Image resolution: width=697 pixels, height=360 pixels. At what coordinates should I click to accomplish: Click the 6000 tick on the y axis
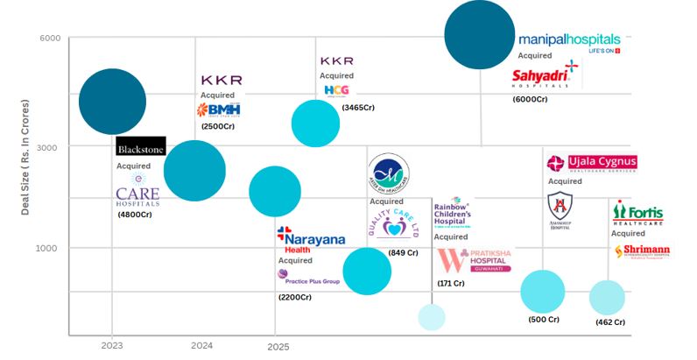(50, 39)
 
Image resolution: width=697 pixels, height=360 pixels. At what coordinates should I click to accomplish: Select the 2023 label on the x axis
(111, 347)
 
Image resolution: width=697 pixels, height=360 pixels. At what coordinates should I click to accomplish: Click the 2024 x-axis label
(201, 347)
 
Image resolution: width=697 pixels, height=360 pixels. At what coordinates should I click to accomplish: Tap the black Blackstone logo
(140, 146)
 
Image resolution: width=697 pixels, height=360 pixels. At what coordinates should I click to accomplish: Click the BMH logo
(219, 110)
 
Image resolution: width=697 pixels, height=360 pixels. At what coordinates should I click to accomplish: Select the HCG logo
(335, 90)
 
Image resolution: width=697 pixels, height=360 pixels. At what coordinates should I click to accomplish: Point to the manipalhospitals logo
(569, 41)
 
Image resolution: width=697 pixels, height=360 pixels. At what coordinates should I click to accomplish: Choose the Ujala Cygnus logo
(592, 163)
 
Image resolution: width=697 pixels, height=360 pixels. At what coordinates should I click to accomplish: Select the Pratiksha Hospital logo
(474, 260)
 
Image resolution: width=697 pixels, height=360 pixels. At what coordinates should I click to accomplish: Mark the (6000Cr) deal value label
(530, 100)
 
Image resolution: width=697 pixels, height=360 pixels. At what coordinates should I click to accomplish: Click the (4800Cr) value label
(135, 215)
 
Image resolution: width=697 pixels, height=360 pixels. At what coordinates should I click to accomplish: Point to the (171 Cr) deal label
(451, 283)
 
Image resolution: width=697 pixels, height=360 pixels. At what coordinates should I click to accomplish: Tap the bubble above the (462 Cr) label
(606, 297)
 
